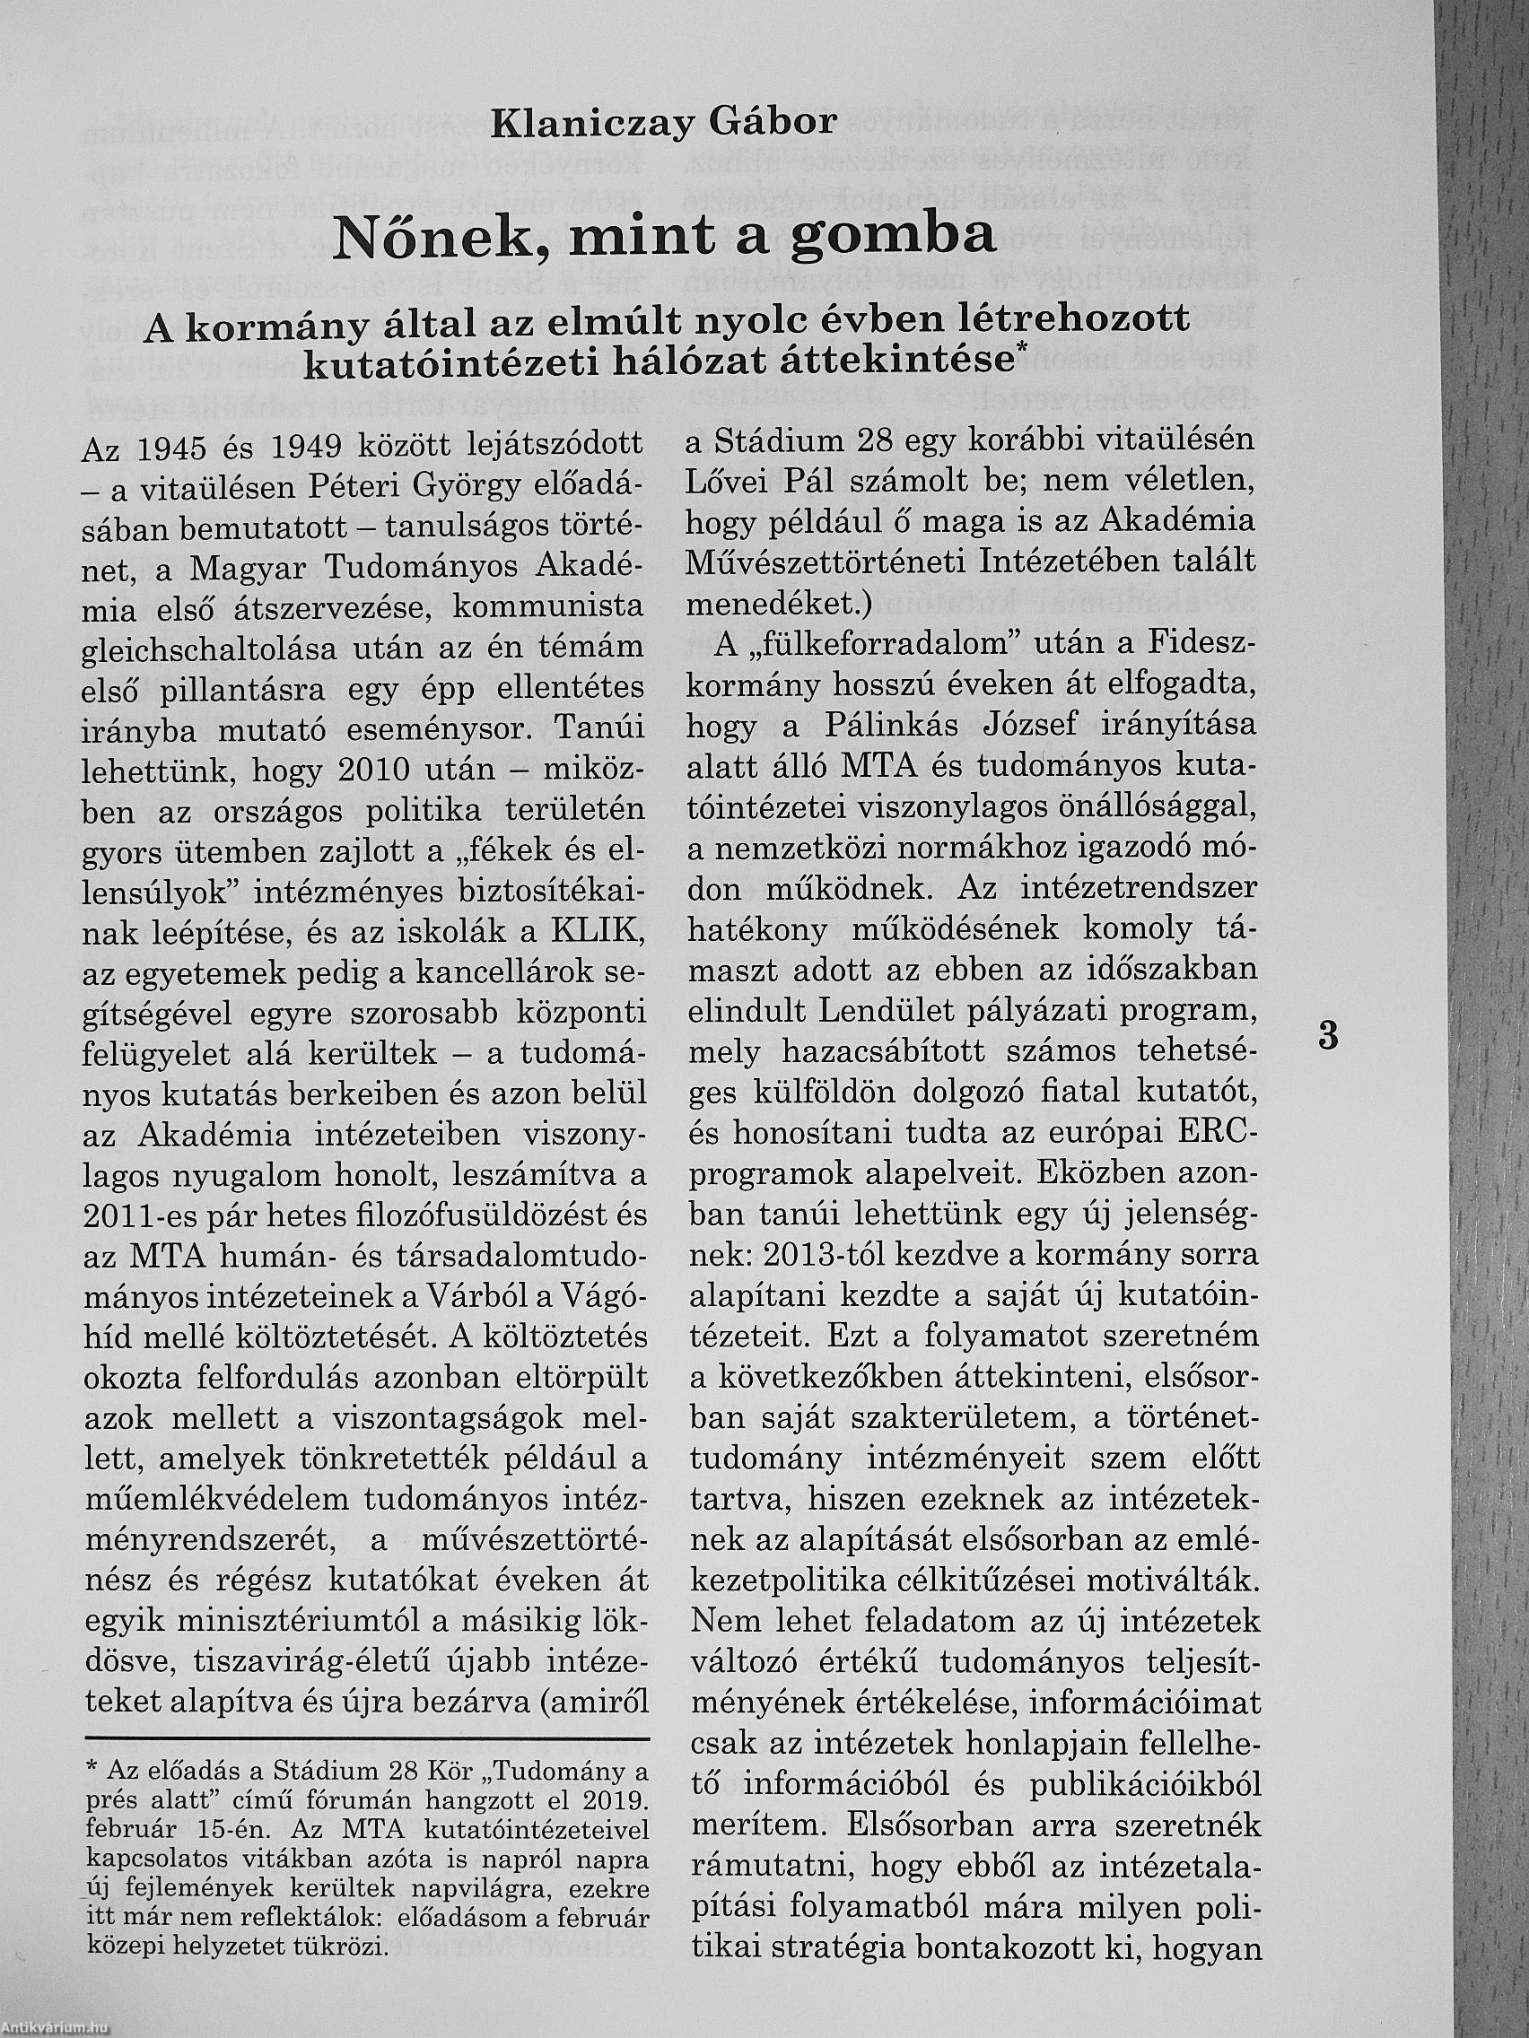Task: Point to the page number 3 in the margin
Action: tap(1328, 1034)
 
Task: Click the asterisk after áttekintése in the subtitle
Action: tap(1019, 351)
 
